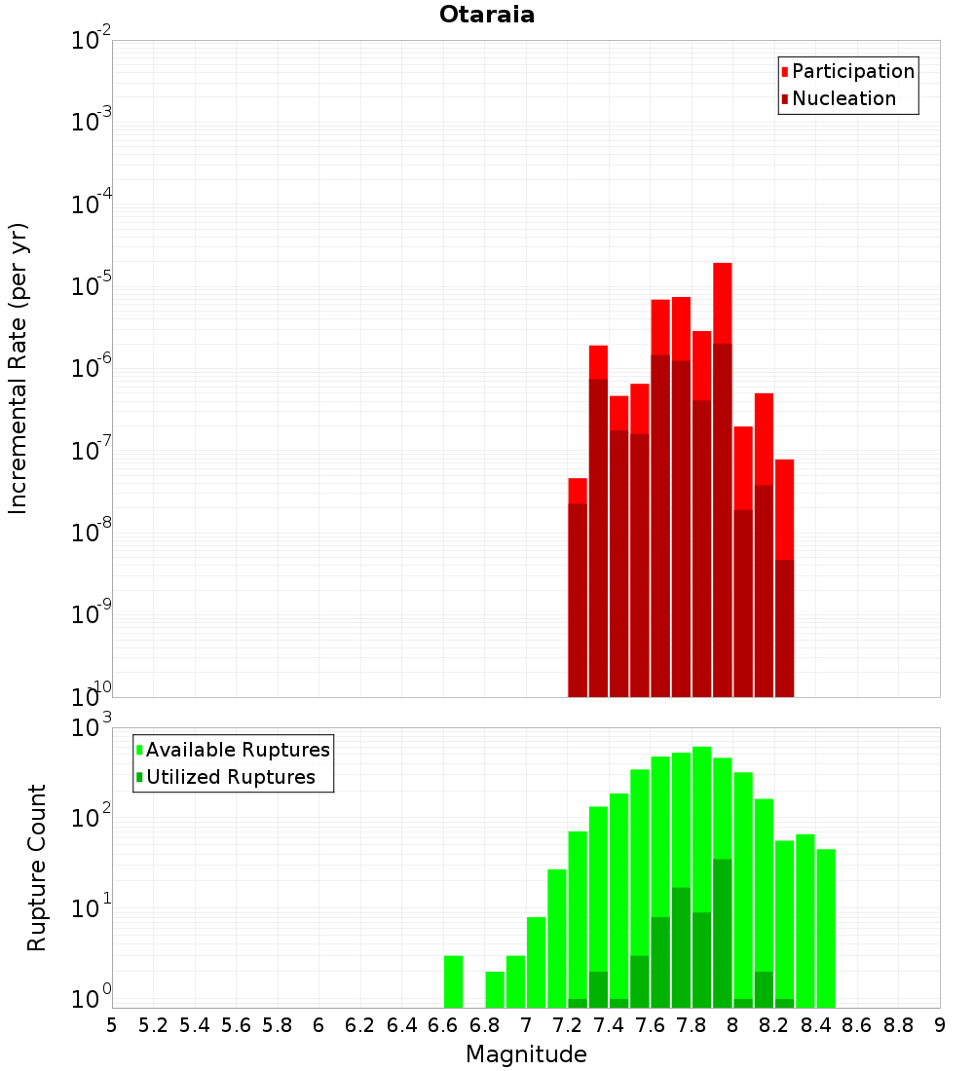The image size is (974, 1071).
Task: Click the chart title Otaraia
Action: click(487, 15)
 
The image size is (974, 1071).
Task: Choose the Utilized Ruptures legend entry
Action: click(230, 777)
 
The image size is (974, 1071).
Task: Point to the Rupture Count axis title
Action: click(37, 867)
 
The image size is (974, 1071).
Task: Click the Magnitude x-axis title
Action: click(526, 1053)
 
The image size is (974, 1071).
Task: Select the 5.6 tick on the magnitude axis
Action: click(236, 1025)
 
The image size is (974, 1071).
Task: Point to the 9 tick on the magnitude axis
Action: click(940, 1025)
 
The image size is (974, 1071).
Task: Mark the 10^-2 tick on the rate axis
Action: click(91, 41)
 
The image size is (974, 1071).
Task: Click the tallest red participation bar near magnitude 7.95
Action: click(722, 302)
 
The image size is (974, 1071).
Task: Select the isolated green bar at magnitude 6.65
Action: click(453, 981)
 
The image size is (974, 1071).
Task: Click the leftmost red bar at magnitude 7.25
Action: click(578, 491)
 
